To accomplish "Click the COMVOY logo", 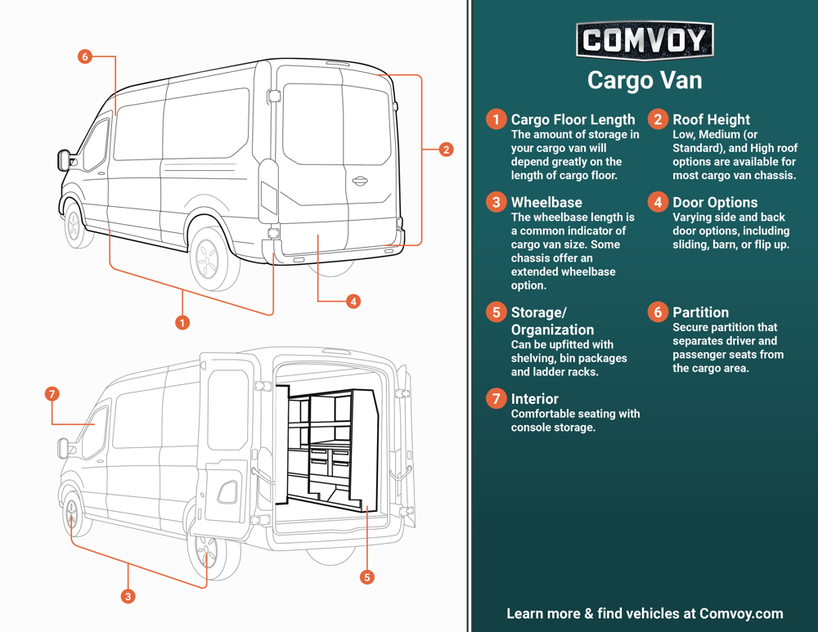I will click(645, 40).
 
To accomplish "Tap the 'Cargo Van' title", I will click(645, 80).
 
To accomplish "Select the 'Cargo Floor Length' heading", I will click(573, 119).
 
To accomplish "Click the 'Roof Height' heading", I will click(711, 119).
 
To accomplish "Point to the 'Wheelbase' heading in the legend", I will click(546, 202).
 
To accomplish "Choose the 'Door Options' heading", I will click(715, 202).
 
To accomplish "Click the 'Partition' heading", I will click(700, 312).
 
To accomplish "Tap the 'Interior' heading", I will click(534, 399).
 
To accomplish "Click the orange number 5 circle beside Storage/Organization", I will click(495, 312).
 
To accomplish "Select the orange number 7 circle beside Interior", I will click(495, 399).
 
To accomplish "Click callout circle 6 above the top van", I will click(85, 56).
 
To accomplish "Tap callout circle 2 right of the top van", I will click(446, 150).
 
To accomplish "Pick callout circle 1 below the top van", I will click(182, 322).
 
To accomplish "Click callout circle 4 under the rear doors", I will click(353, 302).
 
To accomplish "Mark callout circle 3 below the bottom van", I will click(128, 597).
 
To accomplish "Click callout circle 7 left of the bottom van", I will click(52, 394).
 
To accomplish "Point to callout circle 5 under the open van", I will click(367, 577).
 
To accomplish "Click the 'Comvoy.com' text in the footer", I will click(741, 613).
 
